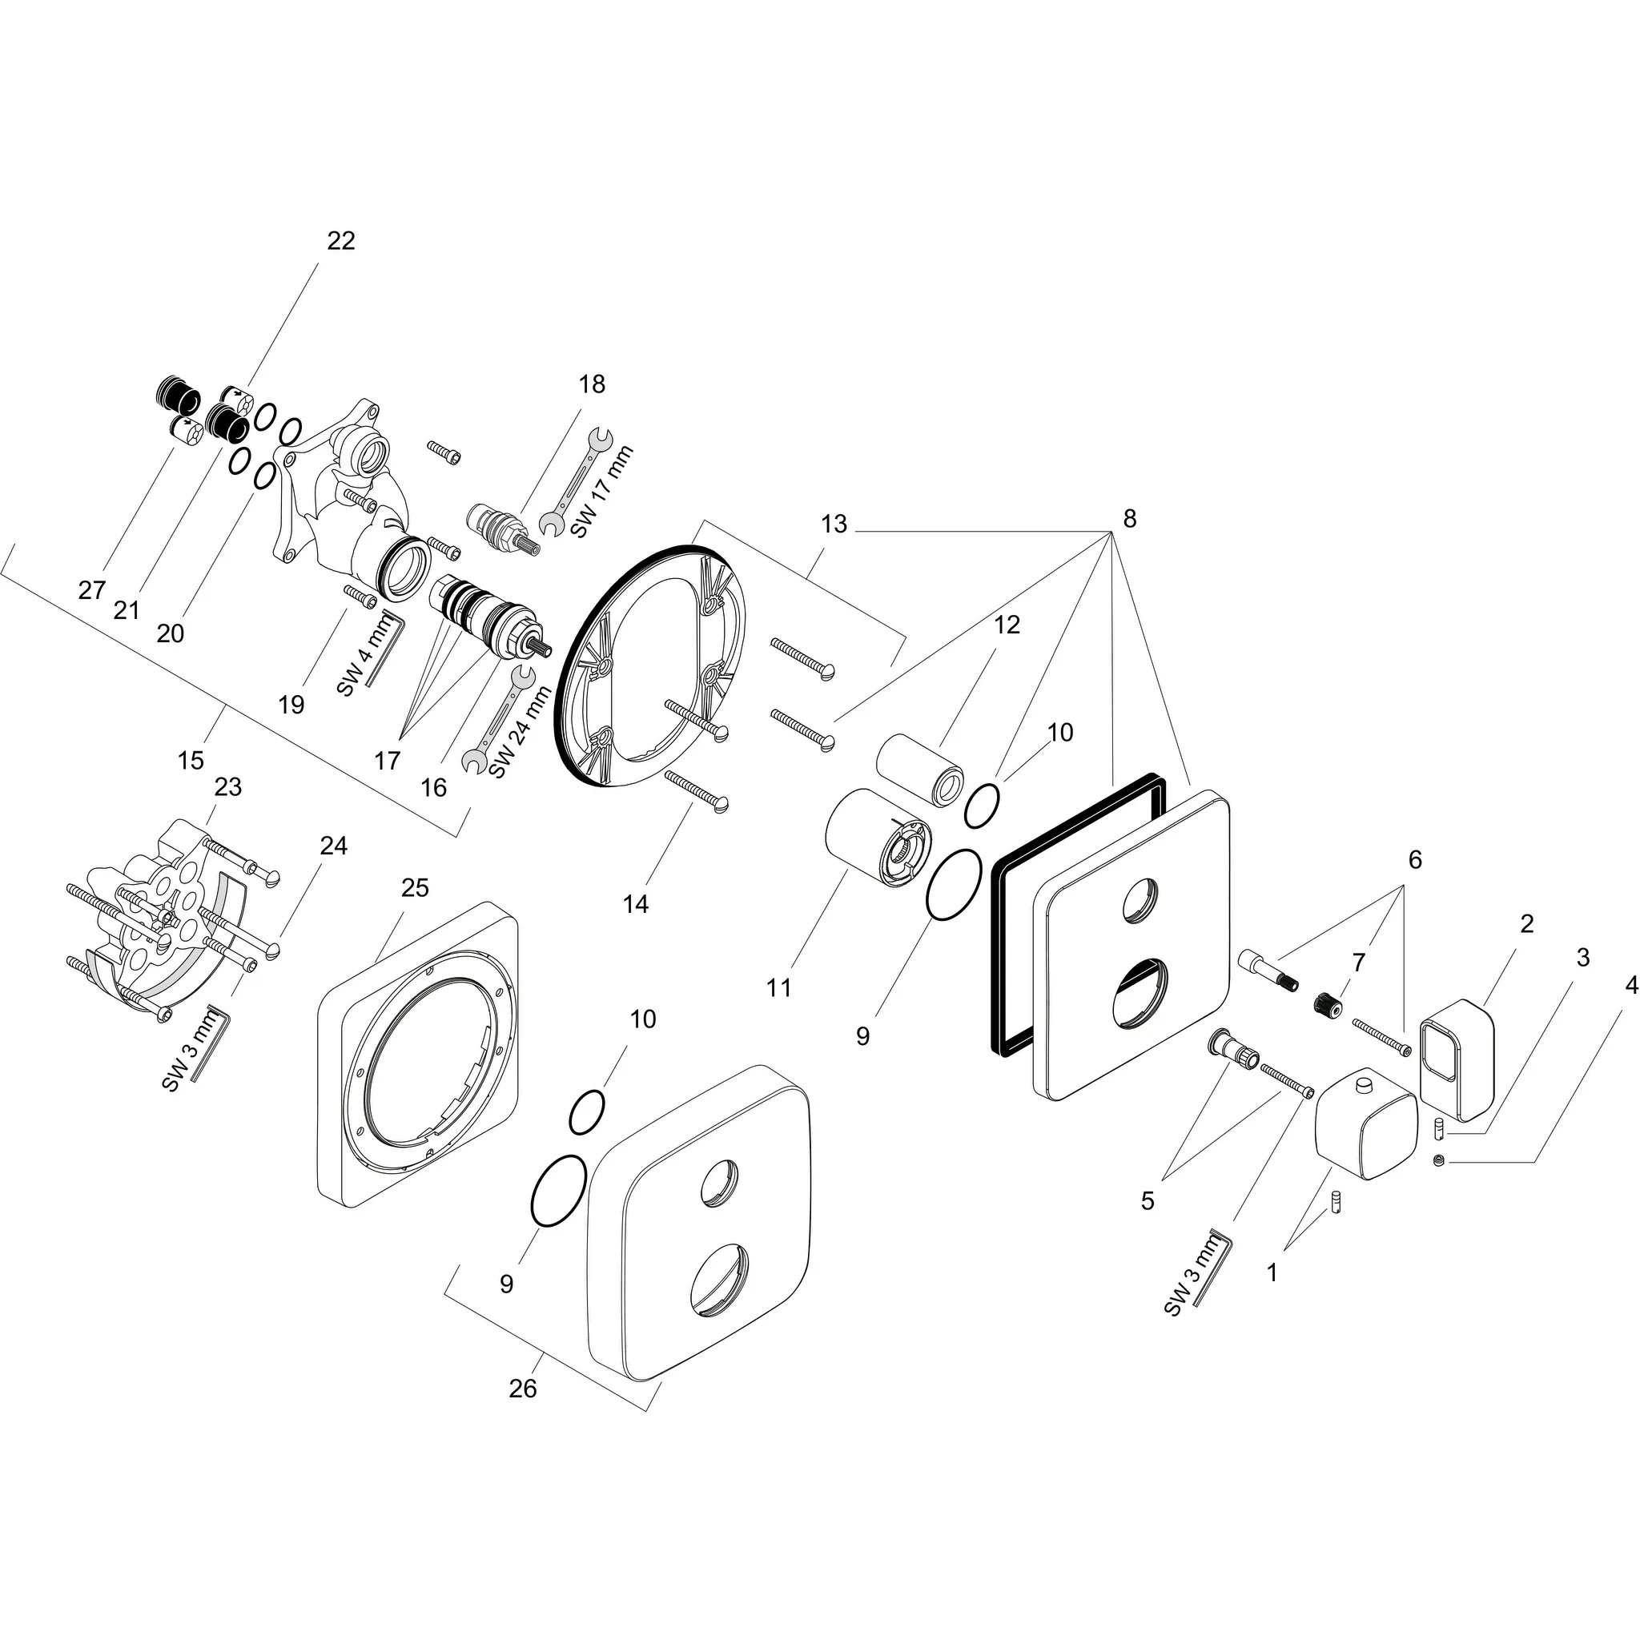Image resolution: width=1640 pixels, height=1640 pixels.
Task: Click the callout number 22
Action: (340, 241)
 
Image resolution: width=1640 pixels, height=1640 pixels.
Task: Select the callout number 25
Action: (415, 888)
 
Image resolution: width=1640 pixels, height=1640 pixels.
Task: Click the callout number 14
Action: (635, 905)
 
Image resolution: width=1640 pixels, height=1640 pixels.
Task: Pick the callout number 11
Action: (778, 987)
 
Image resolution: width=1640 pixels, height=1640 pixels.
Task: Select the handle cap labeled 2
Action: (1456, 1060)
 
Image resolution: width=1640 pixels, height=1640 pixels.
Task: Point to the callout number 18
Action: (592, 384)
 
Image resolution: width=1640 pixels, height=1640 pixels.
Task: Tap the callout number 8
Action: (1129, 519)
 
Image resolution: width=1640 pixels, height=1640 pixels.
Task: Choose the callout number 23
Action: (227, 787)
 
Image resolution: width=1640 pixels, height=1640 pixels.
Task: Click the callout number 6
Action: (1414, 860)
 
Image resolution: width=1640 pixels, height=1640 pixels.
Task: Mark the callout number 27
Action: (91, 590)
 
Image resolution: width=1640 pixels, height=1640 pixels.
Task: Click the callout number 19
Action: (291, 705)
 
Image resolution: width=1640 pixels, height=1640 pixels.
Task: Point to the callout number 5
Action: (1148, 1200)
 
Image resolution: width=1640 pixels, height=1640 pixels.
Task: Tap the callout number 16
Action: (433, 788)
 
